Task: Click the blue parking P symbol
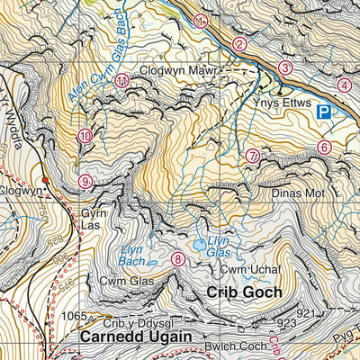(x=322, y=112)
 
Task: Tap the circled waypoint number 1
(x=201, y=21)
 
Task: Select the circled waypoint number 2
(x=239, y=43)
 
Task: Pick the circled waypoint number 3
(x=285, y=67)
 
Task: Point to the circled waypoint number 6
(x=325, y=147)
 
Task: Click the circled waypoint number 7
(x=253, y=156)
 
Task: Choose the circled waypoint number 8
(x=178, y=259)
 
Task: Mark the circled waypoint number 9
(x=85, y=181)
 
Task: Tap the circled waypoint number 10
(x=85, y=136)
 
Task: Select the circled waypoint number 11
(x=121, y=81)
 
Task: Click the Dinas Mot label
(x=296, y=193)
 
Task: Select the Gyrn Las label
(x=94, y=220)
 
